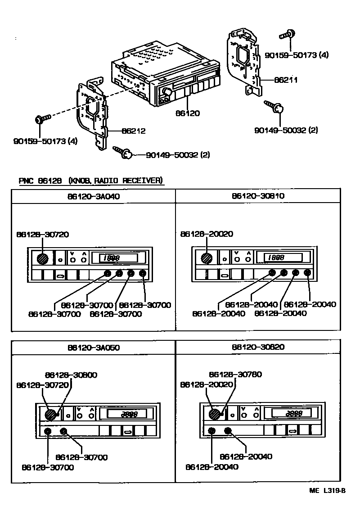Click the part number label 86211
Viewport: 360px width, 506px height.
point(286,80)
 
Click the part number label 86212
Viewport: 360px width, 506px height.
point(133,131)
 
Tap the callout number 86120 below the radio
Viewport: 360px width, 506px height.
point(188,113)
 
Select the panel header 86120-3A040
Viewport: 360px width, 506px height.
point(94,196)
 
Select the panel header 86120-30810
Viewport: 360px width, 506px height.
point(258,196)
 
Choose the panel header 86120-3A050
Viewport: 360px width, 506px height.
point(94,348)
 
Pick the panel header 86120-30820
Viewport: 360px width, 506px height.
point(258,348)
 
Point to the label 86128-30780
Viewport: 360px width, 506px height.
point(235,375)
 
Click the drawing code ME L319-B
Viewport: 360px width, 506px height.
point(327,491)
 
